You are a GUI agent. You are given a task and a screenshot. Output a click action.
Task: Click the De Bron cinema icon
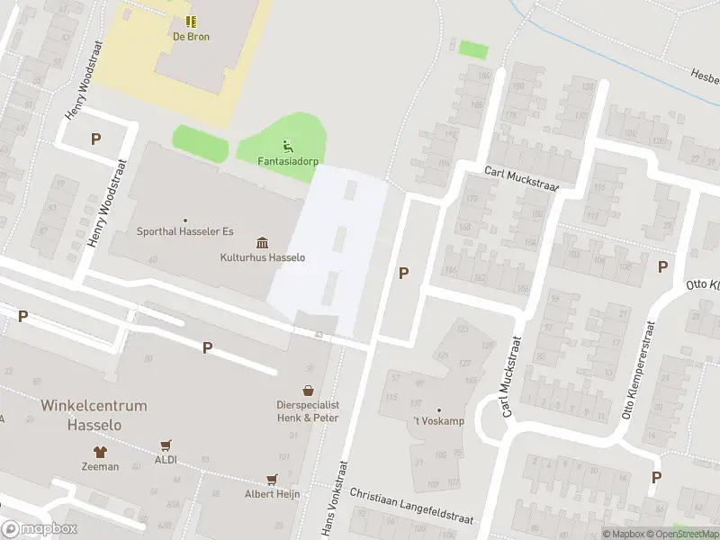click(x=191, y=22)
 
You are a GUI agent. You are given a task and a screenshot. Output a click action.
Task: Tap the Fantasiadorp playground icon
click(x=288, y=146)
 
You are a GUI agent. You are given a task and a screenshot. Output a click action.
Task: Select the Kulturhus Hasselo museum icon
click(x=263, y=242)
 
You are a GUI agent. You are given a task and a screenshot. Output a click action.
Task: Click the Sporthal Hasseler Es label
click(x=184, y=231)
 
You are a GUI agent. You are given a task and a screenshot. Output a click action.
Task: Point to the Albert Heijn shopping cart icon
click(x=271, y=479)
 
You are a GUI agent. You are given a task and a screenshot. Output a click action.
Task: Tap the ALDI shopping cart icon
click(x=166, y=445)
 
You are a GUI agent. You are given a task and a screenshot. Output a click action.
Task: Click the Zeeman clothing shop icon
click(x=99, y=451)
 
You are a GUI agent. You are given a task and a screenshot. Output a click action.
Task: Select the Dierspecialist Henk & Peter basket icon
click(x=308, y=391)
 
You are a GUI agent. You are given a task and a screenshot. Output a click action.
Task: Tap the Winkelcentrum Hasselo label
click(x=94, y=415)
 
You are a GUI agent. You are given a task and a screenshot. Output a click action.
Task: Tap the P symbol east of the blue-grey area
click(x=404, y=273)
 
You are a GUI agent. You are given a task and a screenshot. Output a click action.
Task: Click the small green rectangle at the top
click(x=472, y=49)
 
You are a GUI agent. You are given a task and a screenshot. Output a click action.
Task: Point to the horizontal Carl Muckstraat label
click(x=521, y=179)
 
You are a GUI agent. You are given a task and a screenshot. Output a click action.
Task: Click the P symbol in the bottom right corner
click(x=656, y=477)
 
